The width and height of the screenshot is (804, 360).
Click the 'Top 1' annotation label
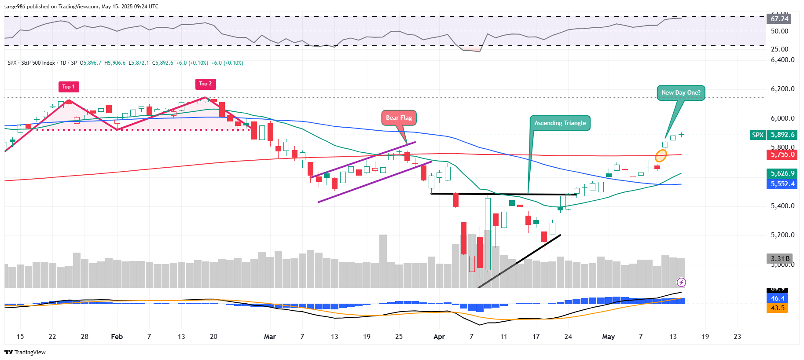pyautogui.click(x=68, y=87)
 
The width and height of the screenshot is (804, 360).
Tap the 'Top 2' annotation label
pyautogui.click(x=205, y=84)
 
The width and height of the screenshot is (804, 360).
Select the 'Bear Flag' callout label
pyautogui.click(x=399, y=118)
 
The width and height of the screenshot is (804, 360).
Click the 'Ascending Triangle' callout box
pyautogui.click(x=560, y=123)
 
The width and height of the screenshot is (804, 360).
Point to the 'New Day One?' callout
pyautogui.click(x=681, y=93)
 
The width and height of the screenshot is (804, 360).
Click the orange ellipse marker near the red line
pyautogui.click(x=661, y=156)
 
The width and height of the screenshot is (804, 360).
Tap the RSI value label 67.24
pyautogui.click(x=779, y=18)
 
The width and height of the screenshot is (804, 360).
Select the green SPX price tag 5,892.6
pyautogui.click(x=774, y=135)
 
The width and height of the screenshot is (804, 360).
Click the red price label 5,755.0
pyautogui.click(x=782, y=154)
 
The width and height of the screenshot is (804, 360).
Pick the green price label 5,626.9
pyautogui.click(x=782, y=173)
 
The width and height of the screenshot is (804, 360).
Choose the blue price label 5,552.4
pyautogui.click(x=782, y=184)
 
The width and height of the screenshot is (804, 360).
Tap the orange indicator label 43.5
pyautogui.click(x=777, y=308)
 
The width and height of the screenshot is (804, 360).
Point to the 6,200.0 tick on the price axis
pyautogui.click(x=782, y=89)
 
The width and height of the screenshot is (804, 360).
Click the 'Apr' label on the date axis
pyautogui.click(x=439, y=337)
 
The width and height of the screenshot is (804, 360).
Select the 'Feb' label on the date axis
pyautogui.click(x=117, y=337)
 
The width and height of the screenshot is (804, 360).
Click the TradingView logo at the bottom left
pyautogui.click(x=25, y=352)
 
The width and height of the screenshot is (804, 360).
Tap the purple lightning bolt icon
pyautogui.click(x=681, y=282)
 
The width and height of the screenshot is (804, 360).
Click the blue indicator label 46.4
pyautogui.click(x=777, y=298)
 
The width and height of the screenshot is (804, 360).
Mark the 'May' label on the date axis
pyautogui.click(x=608, y=337)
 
